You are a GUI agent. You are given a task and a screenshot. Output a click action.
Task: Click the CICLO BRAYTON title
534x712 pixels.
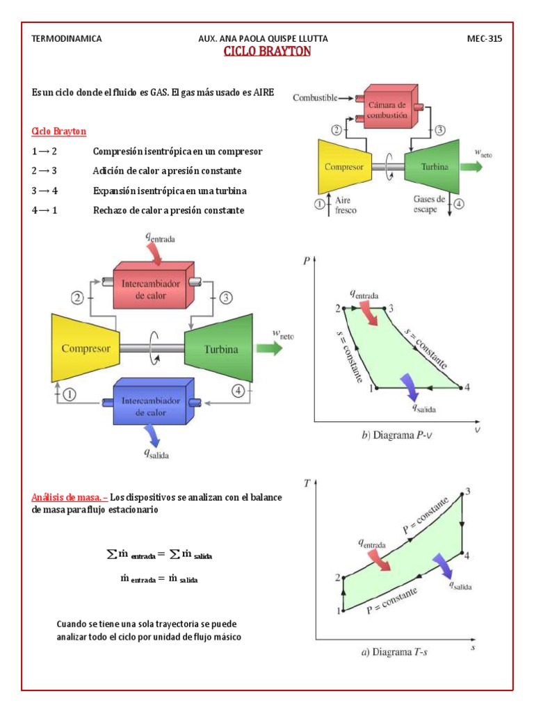pos(267,52)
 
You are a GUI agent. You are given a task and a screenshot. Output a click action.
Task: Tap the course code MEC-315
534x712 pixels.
pos(484,39)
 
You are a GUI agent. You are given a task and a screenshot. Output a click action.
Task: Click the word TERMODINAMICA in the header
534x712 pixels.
pos(67,39)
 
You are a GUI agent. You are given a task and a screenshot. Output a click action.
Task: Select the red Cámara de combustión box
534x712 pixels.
pos(387,107)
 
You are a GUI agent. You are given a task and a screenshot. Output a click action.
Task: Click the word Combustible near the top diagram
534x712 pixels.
pos(314,98)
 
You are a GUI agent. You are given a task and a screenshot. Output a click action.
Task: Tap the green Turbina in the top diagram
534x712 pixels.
pos(435,167)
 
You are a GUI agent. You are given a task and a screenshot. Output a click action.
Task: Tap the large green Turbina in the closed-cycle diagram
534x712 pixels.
pos(220,348)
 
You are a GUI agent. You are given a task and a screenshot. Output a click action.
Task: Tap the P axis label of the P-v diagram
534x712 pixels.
pos(307,261)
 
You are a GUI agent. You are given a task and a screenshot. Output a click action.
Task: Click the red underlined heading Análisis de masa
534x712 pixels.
pos(70,497)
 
